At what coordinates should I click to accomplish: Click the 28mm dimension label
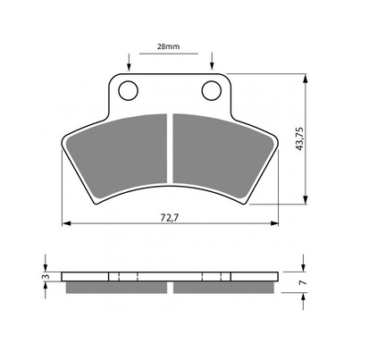[168, 46]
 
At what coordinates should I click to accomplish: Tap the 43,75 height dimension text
[299, 138]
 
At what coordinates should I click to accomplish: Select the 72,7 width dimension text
[169, 218]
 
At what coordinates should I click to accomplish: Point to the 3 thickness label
[46, 277]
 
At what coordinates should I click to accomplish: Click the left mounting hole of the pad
[128, 90]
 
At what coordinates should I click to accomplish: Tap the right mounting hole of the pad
[212, 90]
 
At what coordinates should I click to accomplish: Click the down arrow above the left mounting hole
[129, 62]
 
